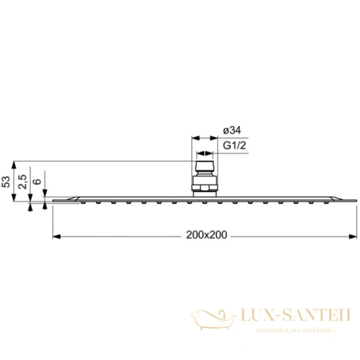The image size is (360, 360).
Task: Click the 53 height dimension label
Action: [x=7, y=182]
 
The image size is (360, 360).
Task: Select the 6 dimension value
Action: [x=37, y=182]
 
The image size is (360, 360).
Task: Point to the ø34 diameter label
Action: [x=232, y=130]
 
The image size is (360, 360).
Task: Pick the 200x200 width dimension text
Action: [x=206, y=236]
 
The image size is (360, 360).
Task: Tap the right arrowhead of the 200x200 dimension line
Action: [x=355, y=236]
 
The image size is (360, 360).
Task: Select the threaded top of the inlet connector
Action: [x=204, y=166]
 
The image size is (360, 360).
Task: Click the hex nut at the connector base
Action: [x=204, y=188]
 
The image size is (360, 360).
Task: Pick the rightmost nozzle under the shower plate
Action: [x=328, y=203]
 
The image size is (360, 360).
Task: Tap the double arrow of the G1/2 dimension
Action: [x=204, y=154]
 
